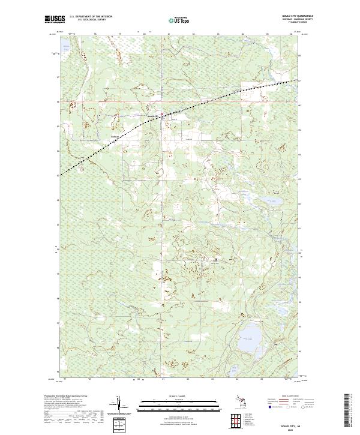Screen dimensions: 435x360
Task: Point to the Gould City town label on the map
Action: [x=153, y=116]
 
